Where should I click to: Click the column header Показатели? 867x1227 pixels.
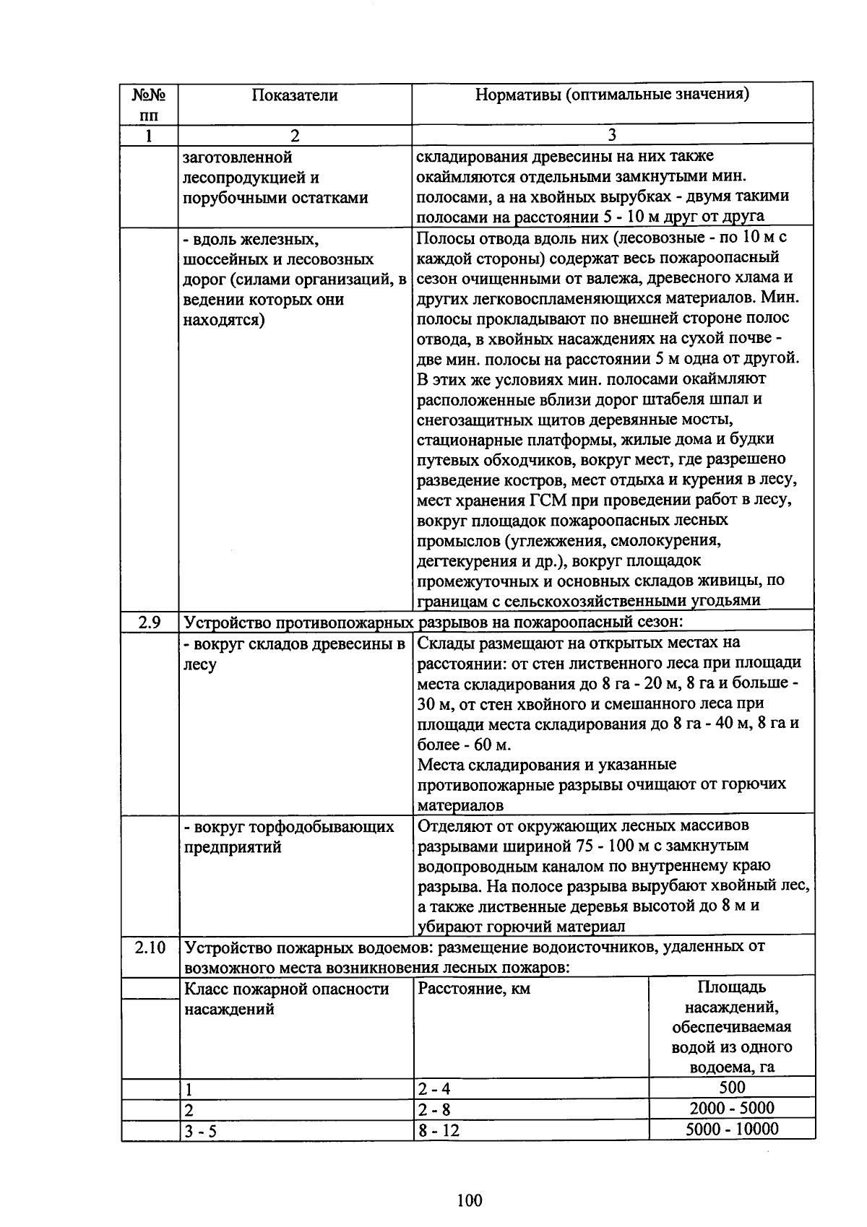294,95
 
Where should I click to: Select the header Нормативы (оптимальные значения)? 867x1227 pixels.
611,95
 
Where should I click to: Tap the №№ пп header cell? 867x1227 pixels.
150,104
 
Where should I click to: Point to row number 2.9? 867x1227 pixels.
150,621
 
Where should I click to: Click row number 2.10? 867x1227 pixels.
150,947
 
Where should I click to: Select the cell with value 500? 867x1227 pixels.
732,1088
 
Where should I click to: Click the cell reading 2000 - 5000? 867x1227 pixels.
732,1109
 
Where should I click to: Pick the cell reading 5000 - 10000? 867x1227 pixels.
732,1130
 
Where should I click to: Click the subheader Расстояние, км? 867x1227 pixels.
474,989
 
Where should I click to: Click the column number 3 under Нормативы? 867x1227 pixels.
611,135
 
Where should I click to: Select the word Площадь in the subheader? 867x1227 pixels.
732,987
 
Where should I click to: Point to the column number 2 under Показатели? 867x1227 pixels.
294,135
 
